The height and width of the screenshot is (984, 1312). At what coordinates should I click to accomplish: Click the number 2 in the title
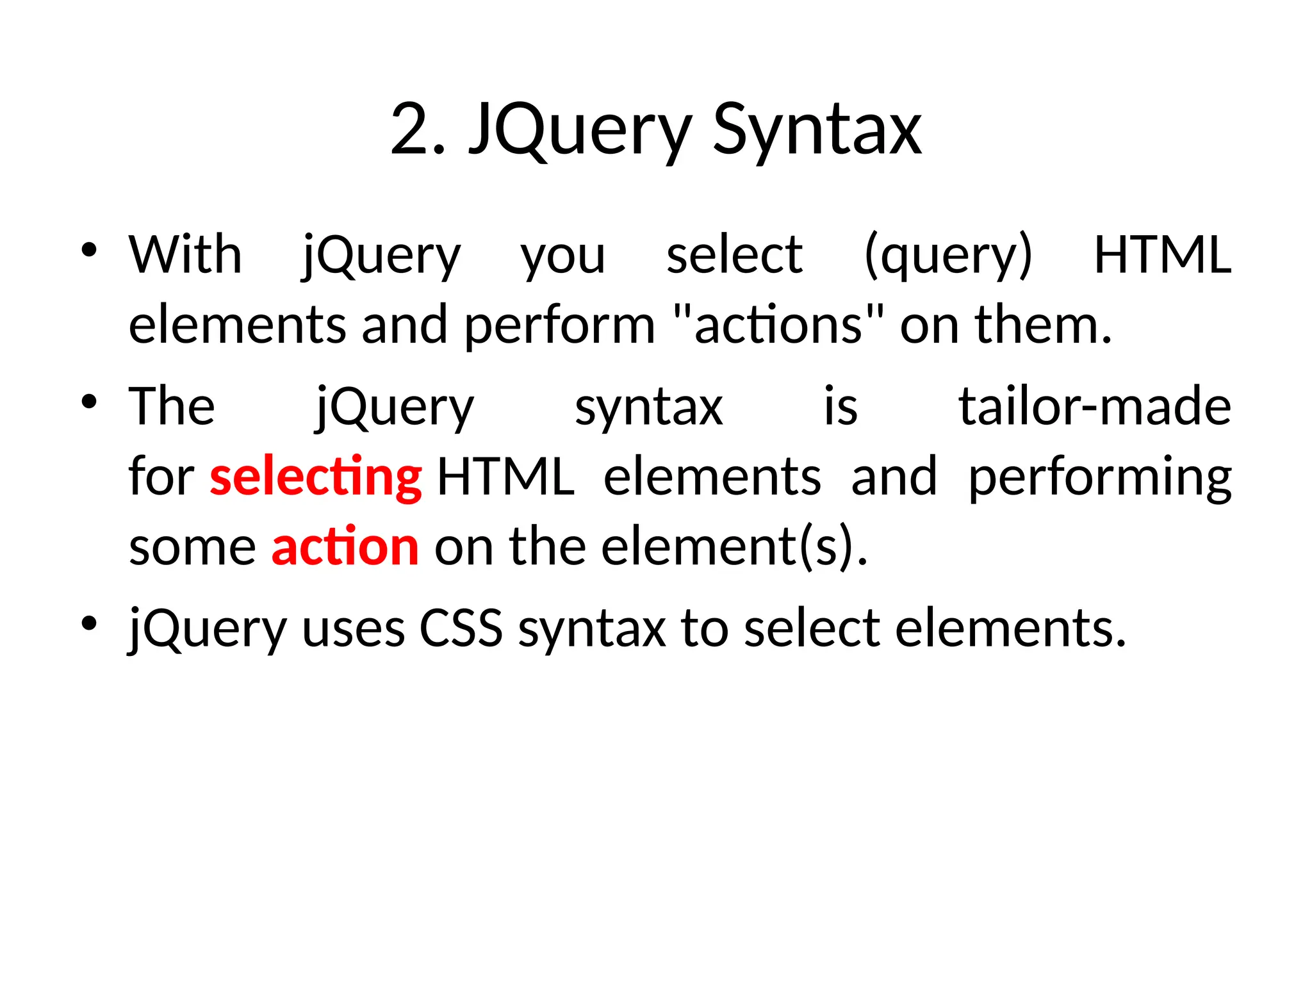point(410,130)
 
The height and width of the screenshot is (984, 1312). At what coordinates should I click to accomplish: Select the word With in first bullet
point(185,255)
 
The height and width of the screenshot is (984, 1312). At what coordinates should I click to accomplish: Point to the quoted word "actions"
point(779,324)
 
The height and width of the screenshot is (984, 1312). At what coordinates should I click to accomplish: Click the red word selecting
point(315,477)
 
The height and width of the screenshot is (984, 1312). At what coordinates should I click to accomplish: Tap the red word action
point(345,546)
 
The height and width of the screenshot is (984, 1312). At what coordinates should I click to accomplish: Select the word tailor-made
point(1094,407)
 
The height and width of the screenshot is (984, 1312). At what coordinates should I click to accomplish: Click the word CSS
point(461,628)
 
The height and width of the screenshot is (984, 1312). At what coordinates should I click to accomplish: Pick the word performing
point(1099,477)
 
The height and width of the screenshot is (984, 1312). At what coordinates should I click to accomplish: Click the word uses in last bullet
point(353,628)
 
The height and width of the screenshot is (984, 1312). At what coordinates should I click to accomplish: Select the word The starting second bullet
point(172,407)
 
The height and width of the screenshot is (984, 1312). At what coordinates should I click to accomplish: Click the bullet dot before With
point(89,250)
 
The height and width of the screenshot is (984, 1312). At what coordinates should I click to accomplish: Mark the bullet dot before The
point(89,402)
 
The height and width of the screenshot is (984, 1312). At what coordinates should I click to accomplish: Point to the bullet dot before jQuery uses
point(89,623)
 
